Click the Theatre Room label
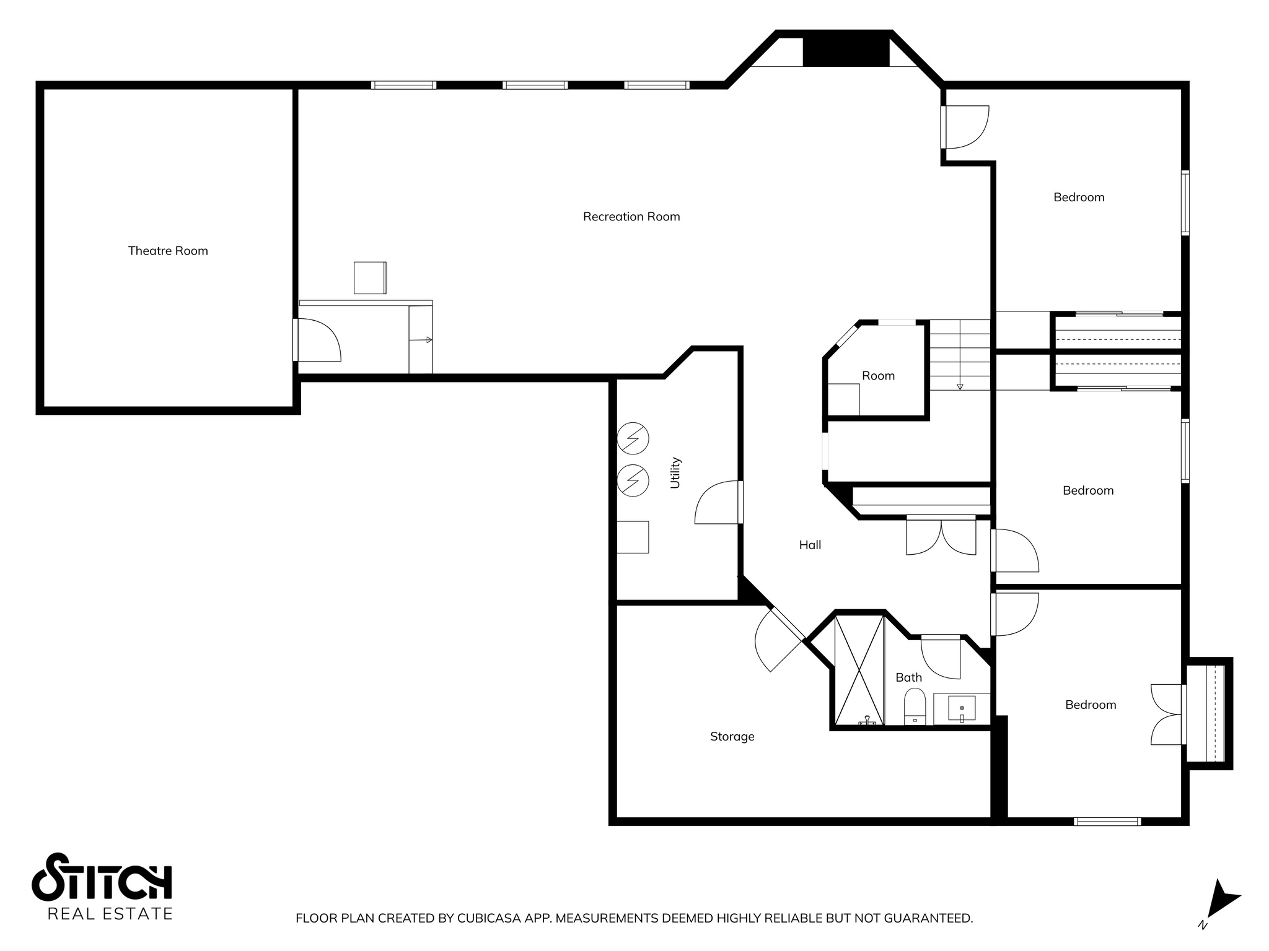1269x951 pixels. pos(168,251)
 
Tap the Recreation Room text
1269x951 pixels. pos(631,217)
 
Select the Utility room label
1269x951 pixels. pos(675,473)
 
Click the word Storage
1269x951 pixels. pos(732,737)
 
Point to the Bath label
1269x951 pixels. pos(908,678)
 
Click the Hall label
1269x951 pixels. pos(810,545)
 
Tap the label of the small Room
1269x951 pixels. pos(878,376)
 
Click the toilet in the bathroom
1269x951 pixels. pos(915,708)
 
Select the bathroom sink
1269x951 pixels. pos(962,708)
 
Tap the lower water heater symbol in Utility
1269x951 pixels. pos(633,480)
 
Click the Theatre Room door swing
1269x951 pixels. pos(317,341)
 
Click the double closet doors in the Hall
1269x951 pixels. pos(941,536)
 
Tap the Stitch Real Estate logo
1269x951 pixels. pos(102,886)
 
